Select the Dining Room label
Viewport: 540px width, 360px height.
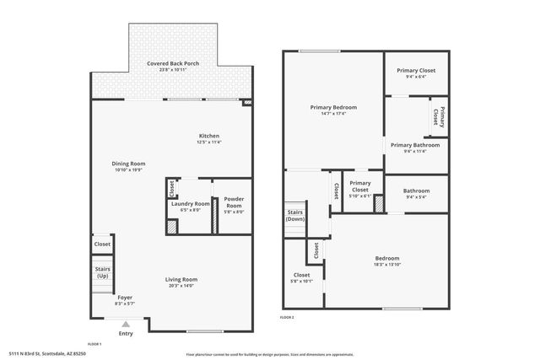(x=128, y=165)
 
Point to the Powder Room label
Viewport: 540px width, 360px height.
(x=234, y=203)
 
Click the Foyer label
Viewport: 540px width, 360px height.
(x=125, y=298)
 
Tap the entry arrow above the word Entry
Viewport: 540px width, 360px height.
(x=126, y=323)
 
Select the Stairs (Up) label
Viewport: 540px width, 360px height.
(x=102, y=272)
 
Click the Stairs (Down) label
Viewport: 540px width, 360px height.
(x=294, y=215)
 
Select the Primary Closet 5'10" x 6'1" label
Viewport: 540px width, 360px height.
(x=360, y=187)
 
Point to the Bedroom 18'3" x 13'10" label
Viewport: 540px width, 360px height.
(x=387, y=261)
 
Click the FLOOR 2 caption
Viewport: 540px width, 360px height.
(x=287, y=317)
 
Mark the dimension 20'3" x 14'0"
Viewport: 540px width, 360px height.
(x=181, y=287)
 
